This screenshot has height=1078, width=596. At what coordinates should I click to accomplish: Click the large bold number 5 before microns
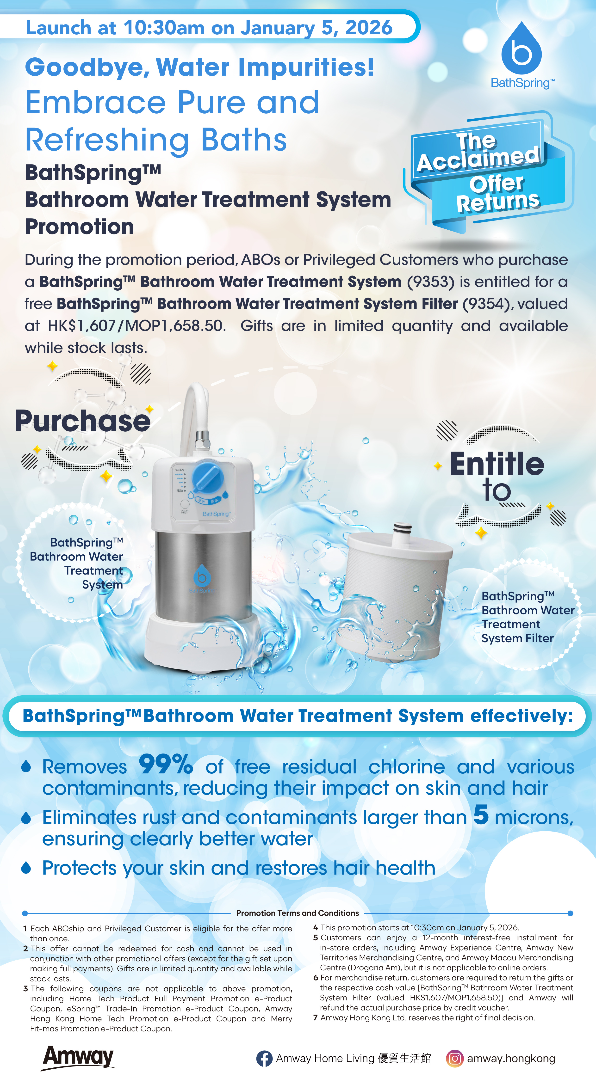(481, 814)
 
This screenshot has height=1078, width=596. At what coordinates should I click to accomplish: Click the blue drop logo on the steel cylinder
(202, 576)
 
